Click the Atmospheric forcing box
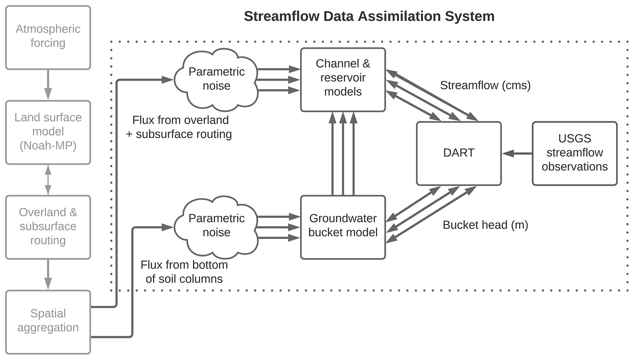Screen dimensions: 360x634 pos(48,37)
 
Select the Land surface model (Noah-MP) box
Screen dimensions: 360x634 pos(48,132)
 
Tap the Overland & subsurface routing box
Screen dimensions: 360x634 pos(48,227)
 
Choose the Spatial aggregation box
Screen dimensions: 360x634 pos(48,322)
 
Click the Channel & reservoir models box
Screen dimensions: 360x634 pos(343,79)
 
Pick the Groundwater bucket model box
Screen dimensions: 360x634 pos(343,227)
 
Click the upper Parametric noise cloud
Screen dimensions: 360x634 pos(216,79)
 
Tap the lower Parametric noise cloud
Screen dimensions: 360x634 pos(216,226)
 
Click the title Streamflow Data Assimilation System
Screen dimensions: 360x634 pos(369,16)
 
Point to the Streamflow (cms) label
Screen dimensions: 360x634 pos(485,85)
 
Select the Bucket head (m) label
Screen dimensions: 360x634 pos(485,225)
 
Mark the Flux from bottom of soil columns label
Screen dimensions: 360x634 pos(184,272)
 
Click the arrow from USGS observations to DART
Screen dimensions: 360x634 pos(517,153)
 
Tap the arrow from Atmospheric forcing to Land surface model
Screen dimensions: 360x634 pos(48,85)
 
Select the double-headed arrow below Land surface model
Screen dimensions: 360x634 pos(48,180)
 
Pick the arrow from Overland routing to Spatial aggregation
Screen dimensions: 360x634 pos(48,274)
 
